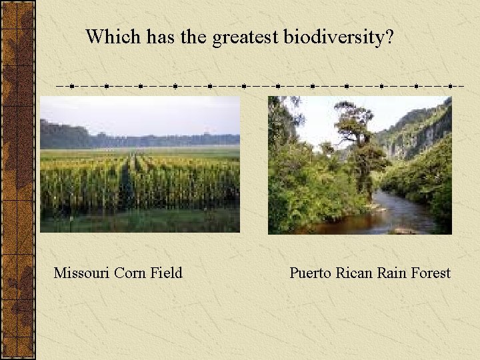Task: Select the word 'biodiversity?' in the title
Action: (x=339, y=38)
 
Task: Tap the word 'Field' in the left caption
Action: (x=166, y=273)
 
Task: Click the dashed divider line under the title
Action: (x=260, y=86)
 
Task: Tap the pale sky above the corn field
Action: (x=140, y=113)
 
